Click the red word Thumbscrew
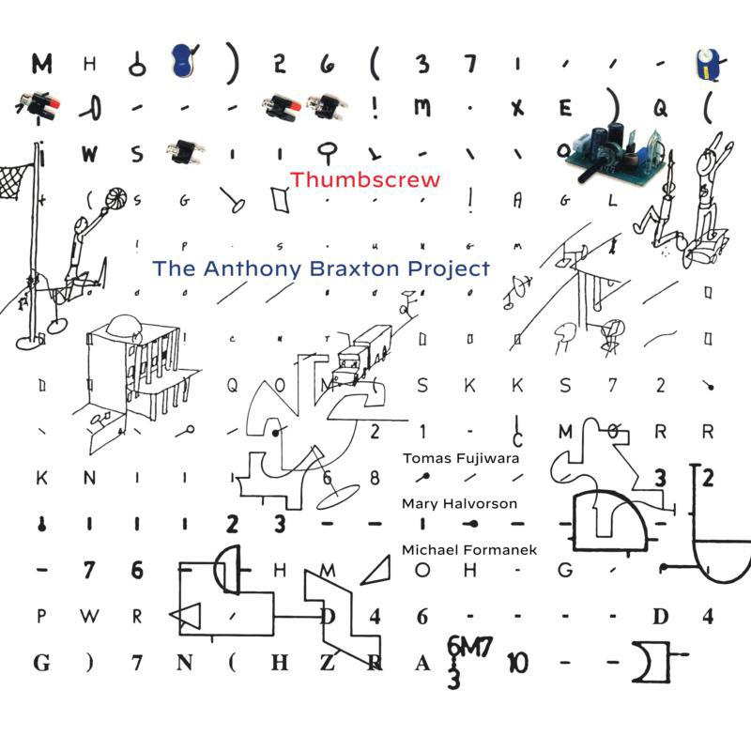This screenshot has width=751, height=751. click(x=365, y=178)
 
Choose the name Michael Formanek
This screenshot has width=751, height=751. click(x=468, y=549)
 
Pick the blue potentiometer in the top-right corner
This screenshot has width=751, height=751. click(x=706, y=63)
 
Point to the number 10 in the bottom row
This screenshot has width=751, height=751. click(x=517, y=663)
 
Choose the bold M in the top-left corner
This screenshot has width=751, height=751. click(x=41, y=64)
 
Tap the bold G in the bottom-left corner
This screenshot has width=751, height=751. click(x=41, y=664)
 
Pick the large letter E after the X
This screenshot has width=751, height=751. click(x=565, y=109)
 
